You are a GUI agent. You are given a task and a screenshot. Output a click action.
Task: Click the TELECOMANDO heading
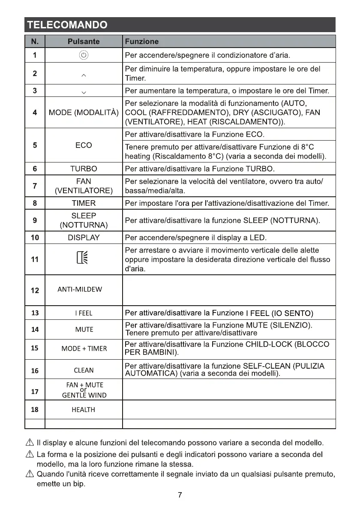67,25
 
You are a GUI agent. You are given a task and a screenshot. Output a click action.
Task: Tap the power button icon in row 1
84,55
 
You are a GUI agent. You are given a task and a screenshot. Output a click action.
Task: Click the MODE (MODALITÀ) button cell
84,113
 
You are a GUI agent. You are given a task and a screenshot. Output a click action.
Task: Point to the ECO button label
84,145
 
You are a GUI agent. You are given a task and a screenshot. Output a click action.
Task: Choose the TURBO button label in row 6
84,168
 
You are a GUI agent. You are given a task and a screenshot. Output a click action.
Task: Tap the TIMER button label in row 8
84,203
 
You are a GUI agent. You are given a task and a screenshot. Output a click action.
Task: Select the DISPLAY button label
84,237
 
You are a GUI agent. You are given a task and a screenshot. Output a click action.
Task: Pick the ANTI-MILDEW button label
80,289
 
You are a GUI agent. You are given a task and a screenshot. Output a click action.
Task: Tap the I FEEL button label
84,313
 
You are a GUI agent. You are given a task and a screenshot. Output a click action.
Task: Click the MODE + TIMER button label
84,349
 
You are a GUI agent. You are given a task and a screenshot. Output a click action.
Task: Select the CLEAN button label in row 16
84,370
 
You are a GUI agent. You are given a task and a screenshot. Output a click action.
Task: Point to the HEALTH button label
84,410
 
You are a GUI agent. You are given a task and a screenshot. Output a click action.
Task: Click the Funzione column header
141,42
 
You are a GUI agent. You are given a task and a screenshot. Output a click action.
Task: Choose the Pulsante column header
84,42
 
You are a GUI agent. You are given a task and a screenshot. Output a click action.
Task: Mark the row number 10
35,237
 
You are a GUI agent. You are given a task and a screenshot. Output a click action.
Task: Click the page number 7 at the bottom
180,495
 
